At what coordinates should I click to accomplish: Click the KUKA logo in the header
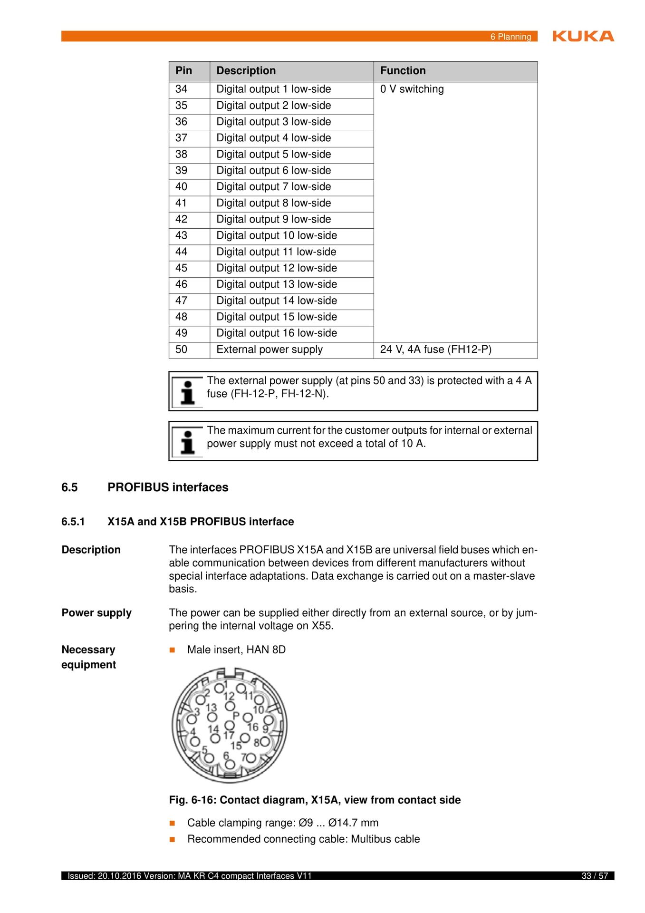coord(583,36)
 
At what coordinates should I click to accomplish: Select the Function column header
coord(403,71)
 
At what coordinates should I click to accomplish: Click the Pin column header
coord(183,71)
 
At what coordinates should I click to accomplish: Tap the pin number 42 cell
coord(182,219)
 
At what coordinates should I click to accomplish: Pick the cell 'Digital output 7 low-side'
coord(273,187)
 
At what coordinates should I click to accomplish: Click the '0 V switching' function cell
coord(412,89)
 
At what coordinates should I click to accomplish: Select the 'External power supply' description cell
coord(269,350)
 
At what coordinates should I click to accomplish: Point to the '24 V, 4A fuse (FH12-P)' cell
coord(435,350)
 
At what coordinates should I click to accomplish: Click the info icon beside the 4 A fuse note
coord(188,392)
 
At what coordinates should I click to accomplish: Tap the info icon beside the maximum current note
coord(188,442)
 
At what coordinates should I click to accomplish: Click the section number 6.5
coord(69,487)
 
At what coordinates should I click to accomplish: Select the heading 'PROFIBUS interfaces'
coord(168,487)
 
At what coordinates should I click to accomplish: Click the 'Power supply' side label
coord(96,613)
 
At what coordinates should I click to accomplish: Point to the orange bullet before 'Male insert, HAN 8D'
coord(173,650)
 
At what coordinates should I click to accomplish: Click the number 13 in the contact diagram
coord(211,708)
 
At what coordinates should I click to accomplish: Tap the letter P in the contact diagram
coord(236,715)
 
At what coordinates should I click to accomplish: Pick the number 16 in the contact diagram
coord(253,727)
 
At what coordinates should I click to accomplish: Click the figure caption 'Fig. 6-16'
coord(314,800)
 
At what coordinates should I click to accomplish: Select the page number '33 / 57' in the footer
coord(595,876)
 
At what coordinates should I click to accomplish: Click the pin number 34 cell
coord(182,89)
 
